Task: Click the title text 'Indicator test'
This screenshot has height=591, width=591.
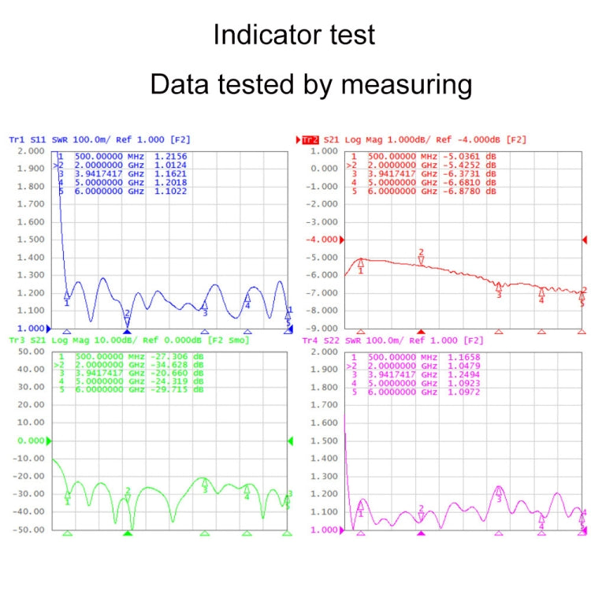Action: click(295, 35)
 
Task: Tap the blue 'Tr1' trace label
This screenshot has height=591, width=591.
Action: click(16, 139)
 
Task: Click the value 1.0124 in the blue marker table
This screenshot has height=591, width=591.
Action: click(169, 165)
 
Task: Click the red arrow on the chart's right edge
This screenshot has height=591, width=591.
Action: click(584, 240)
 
